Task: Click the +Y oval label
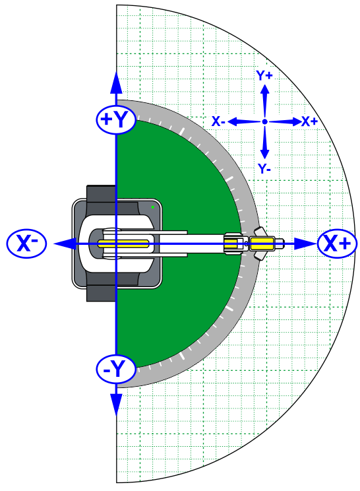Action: pos(116,119)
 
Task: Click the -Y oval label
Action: pos(116,369)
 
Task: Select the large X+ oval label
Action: pos(337,244)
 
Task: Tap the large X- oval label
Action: pos(26,244)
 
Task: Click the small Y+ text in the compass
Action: pos(264,75)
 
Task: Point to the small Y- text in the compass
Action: pos(264,168)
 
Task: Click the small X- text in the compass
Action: pos(218,121)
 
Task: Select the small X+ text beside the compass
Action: pos(310,121)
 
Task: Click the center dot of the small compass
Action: pos(264,121)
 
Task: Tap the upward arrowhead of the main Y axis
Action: pos(116,83)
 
